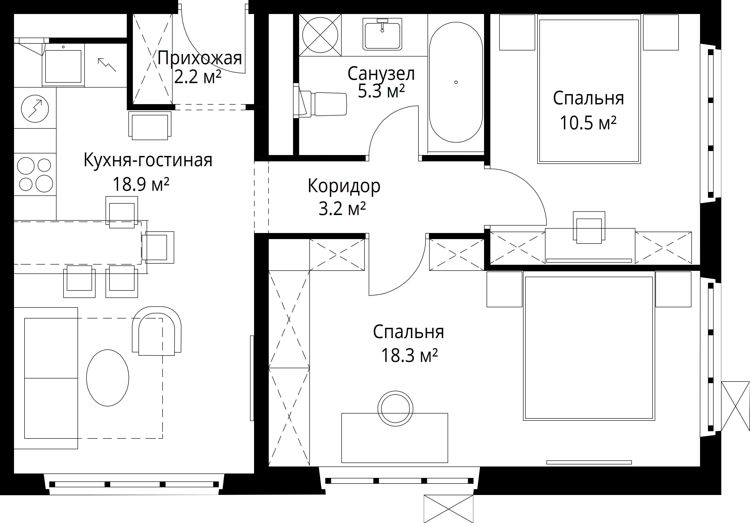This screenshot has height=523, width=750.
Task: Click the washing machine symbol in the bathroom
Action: coord(320,35)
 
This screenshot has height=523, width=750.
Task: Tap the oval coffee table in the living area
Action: coord(107,378)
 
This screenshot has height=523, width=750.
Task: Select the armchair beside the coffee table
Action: coord(156,331)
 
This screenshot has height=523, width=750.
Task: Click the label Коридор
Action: coord(344,186)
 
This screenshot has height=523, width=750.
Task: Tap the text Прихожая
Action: coord(200,58)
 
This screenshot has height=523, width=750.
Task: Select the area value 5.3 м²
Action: coord(381,91)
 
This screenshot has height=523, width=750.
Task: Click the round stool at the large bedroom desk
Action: coord(395,408)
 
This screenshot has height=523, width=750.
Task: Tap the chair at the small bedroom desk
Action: coord(589,228)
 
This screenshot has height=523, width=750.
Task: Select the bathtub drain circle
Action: coord(456,82)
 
